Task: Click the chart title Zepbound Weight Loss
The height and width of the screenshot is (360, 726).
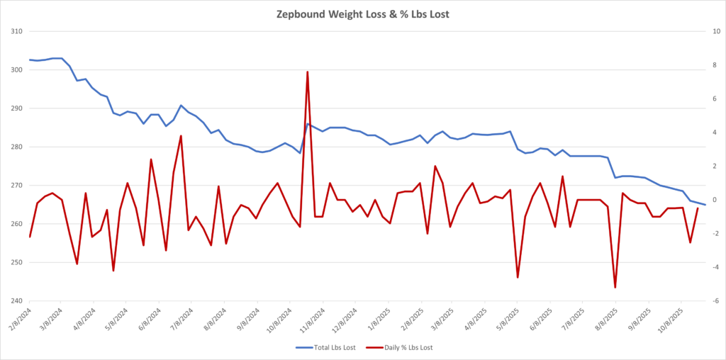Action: [x=362, y=13]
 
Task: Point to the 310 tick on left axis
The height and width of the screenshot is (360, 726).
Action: [x=16, y=32]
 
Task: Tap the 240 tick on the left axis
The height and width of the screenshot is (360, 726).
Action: [x=16, y=301]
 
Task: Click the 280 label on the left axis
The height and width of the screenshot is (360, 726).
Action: [x=16, y=147]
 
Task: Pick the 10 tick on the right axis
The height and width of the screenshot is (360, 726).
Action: [x=716, y=32]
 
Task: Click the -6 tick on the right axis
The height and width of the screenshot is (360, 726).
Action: [x=715, y=301]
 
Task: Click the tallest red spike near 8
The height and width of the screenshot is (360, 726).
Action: [x=307, y=72]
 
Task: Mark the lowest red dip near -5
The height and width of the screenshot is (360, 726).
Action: [x=615, y=287]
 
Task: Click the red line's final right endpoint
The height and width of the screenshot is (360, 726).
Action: [x=698, y=208]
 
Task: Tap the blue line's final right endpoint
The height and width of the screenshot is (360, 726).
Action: [x=705, y=205]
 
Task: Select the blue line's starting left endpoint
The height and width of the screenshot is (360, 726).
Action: [x=30, y=60]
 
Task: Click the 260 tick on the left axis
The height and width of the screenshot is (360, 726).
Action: [x=16, y=224]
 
